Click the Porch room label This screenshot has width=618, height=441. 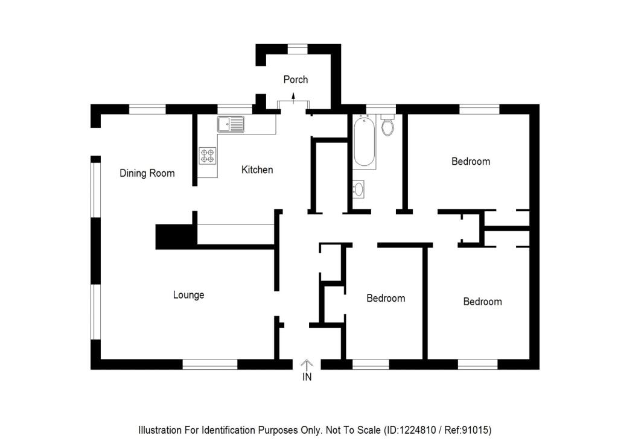pyautogui.click(x=296, y=80)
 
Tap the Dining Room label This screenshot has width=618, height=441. pyautogui.click(x=147, y=174)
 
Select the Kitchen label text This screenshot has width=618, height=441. pyautogui.click(x=257, y=170)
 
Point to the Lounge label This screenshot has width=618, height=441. pyautogui.click(x=189, y=295)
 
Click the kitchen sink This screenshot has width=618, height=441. pyautogui.click(x=231, y=124)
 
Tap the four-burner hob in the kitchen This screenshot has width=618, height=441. pyautogui.click(x=208, y=156)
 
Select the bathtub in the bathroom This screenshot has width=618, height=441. pyautogui.click(x=364, y=142)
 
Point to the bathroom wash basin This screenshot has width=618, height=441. pyautogui.click(x=358, y=189)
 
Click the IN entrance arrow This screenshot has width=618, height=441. pyautogui.click(x=307, y=364)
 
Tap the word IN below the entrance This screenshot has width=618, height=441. pyautogui.click(x=307, y=378)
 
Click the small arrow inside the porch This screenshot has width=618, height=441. pyautogui.click(x=293, y=97)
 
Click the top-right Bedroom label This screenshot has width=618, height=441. pyautogui.click(x=471, y=162)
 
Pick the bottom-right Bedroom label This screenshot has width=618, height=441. pyautogui.click(x=482, y=302)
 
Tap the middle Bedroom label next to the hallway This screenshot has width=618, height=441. pyautogui.click(x=386, y=299)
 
